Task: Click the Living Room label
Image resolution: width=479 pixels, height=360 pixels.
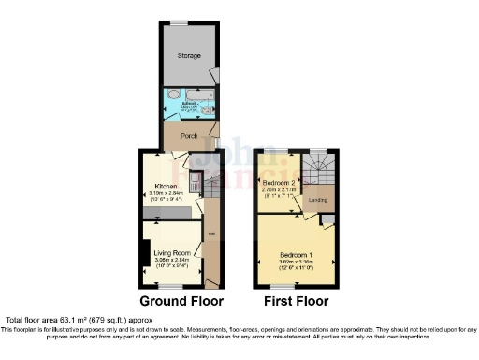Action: (x=173, y=253)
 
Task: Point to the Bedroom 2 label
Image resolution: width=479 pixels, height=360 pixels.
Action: (x=279, y=182)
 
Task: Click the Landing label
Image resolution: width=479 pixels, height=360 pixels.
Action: (x=318, y=200)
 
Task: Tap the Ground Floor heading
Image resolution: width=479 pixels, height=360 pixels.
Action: (x=181, y=302)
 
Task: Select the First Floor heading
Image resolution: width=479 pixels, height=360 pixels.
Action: (x=295, y=302)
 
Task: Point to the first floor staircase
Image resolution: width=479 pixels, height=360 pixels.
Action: (x=320, y=170)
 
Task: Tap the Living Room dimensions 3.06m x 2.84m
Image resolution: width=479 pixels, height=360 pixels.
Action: (x=173, y=261)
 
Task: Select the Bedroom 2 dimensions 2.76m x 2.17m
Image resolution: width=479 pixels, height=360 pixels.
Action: (x=279, y=189)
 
